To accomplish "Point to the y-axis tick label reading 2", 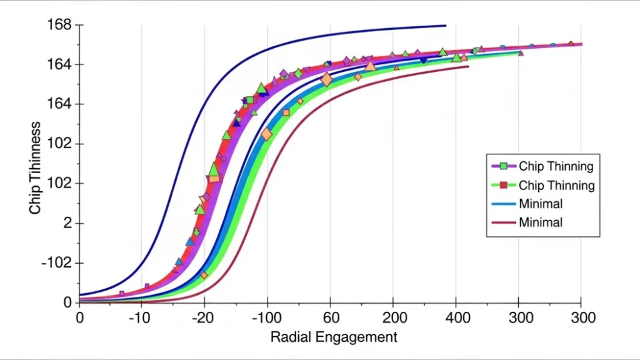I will point(67,223).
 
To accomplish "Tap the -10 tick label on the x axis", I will point(141,317).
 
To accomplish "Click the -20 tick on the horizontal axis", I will point(204,317).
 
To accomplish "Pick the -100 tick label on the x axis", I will point(267,317).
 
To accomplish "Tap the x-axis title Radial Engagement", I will point(333,337).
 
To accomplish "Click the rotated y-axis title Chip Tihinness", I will point(36,167).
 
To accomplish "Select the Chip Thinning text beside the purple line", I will point(556,166).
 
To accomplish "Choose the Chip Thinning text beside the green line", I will point(556,185).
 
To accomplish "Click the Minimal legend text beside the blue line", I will point(540,204).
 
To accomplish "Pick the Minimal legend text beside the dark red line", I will point(540,222).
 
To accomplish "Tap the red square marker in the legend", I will point(503,185).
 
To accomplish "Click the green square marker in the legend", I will point(503,166).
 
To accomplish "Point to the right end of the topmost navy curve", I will point(446,26).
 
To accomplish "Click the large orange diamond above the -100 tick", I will point(267,134).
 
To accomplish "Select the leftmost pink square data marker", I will point(121,293).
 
